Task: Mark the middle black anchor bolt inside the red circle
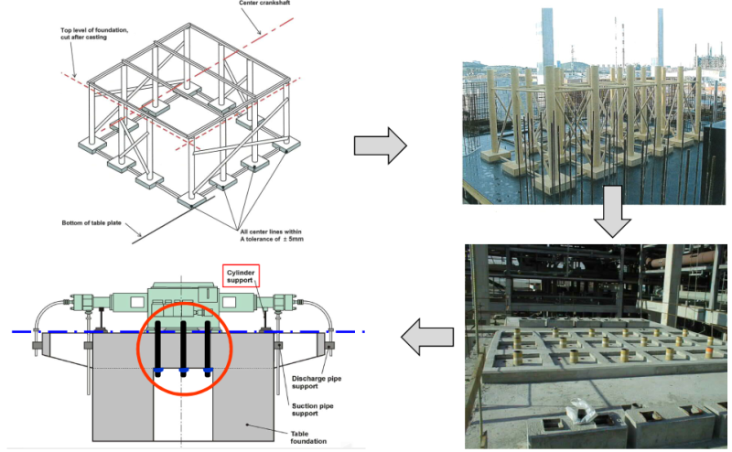click(x=183, y=345)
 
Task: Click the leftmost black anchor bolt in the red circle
click(x=158, y=345)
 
